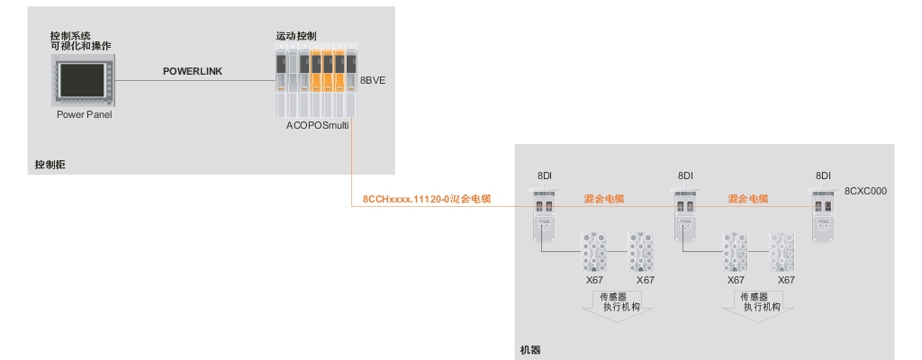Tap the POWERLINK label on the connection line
[x=192, y=71]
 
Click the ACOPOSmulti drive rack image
[x=316, y=82]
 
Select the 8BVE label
[x=373, y=81]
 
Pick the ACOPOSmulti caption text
[x=319, y=128]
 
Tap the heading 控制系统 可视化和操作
[x=81, y=40]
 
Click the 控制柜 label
[x=50, y=165]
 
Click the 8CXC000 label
[x=866, y=192]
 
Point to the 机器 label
[x=530, y=347]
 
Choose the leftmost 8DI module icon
[x=545, y=216]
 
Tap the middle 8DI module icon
[x=685, y=216]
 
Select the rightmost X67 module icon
[x=785, y=252]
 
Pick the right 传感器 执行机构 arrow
[x=762, y=303]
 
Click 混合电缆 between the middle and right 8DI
[x=748, y=197]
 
